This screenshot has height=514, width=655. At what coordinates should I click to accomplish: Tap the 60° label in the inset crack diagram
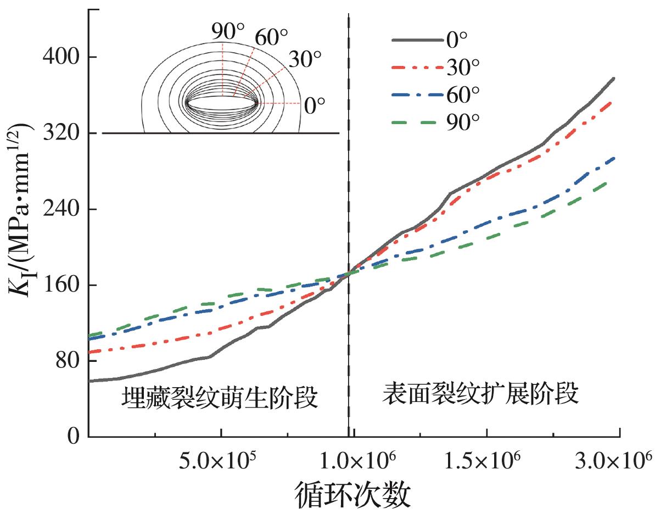(270, 37)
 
